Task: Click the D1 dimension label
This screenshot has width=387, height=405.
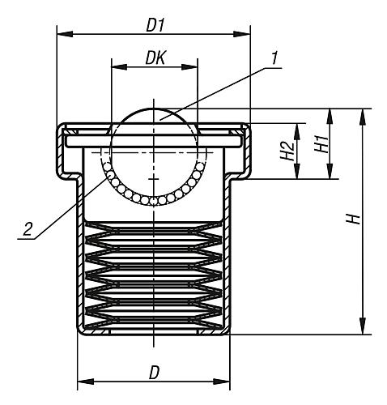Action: click(x=155, y=25)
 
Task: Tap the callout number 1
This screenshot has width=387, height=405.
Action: click(x=274, y=59)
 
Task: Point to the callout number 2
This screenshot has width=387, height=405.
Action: click(x=28, y=229)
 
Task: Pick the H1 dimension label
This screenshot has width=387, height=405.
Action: click(x=320, y=144)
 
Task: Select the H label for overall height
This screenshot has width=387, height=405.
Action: click(x=351, y=221)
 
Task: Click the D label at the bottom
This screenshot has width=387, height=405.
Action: click(x=153, y=373)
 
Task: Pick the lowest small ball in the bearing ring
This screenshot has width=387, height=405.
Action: click(x=153, y=200)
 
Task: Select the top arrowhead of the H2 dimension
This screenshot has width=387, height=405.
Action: click(x=299, y=128)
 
